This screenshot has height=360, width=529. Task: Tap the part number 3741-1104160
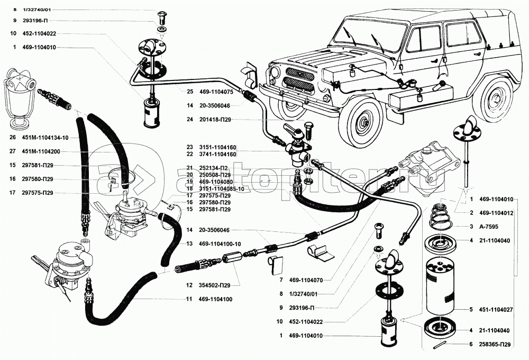tap(218, 154)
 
